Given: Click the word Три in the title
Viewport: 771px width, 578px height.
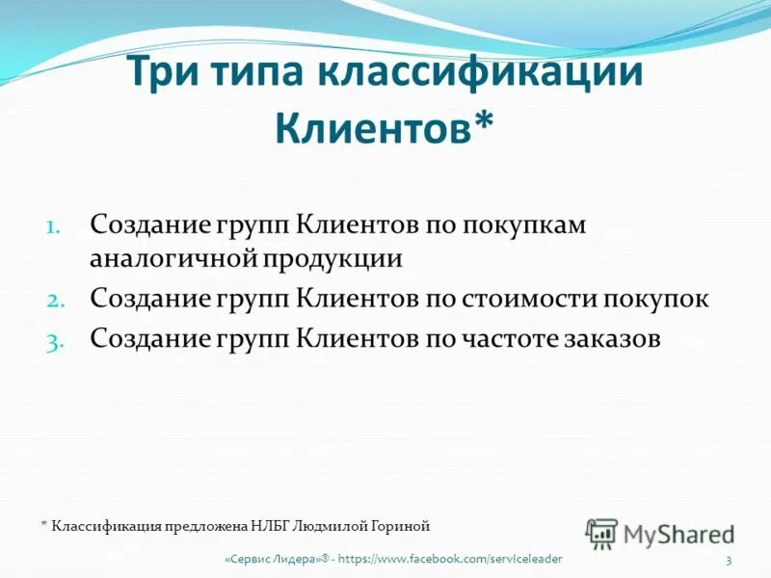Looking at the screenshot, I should (x=164, y=74).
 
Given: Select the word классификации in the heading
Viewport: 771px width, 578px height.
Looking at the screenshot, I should (x=483, y=74).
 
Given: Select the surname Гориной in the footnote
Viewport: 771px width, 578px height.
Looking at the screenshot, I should (x=395, y=525).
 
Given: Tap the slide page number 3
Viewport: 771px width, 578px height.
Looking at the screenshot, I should (x=729, y=561).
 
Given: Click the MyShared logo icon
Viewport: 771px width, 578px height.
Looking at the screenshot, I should (x=602, y=533).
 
